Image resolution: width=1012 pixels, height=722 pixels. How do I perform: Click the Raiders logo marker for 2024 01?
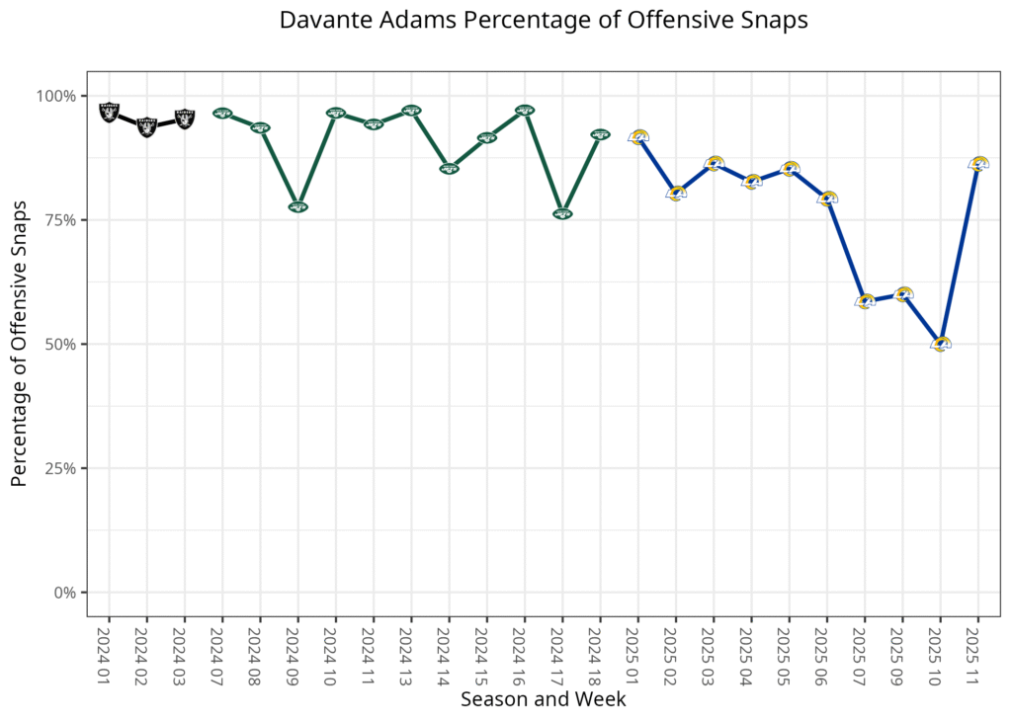pyautogui.click(x=109, y=112)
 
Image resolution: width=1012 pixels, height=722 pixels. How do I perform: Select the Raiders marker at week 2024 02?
pyautogui.click(x=146, y=126)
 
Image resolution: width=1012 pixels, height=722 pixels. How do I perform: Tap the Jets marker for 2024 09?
pyautogui.click(x=297, y=206)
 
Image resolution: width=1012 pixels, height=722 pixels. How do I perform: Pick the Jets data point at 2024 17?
pyautogui.click(x=562, y=213)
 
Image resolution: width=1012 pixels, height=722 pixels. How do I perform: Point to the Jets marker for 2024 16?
pyautogui.click(x=525, y=111)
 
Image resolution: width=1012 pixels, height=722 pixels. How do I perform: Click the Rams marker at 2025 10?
pyautogui.click(x=940, y=344)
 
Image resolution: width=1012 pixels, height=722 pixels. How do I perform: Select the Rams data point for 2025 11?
pyautogui.click(x=977, y=164)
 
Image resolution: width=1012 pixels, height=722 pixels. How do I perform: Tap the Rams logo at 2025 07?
pyautogui.click(x=865, y=301)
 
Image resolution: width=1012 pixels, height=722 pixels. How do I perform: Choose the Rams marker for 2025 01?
pyautogui.click(x=638, y=137)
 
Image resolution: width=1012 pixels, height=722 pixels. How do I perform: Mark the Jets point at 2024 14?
pyautogui.click(x=449, y=169)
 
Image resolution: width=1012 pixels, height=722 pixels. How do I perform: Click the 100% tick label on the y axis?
pyautogui.click(x=56, y=96)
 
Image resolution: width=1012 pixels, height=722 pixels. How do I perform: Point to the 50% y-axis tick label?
pyautogui.click(x=60, y=345)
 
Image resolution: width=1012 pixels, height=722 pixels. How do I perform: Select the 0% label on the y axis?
pyautogui.click(x=64, y=593)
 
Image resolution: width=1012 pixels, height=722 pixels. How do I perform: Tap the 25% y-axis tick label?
pyautogui.click(x=60, y=468)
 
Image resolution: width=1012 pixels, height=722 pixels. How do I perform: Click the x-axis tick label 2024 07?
pyautogui.click(x=222, y=653)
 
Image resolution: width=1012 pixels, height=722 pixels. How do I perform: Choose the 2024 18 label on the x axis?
pyautogui.click(x=600, y=653)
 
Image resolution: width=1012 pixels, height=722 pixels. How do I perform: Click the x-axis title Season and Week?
pyautogui.click(x=543, y=699)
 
